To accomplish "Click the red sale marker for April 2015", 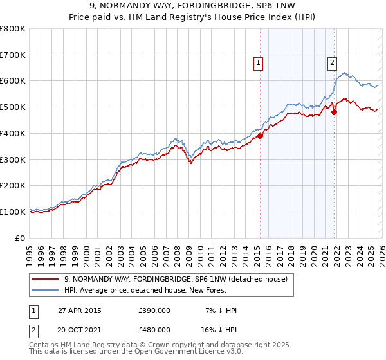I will pyautogui.click(x=261, y=136).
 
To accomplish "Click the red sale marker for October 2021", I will pyautogui.click(x=335, y=112).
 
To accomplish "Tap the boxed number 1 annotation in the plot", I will pyautogui.click(x=257, y=63).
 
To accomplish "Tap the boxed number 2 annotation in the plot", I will pyautogui.click(x=332, y=63).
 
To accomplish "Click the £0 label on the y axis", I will pyautogui.click(x=21, y=238).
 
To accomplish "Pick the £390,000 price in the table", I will pyautogui.click(x=154, y=310).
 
